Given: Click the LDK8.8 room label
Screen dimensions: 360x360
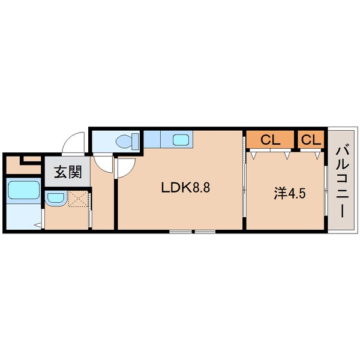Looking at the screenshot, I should coord(184,187).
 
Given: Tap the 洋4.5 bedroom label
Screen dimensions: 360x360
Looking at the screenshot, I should coord(287,193).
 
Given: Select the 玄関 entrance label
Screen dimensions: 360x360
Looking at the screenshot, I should coord(68,173).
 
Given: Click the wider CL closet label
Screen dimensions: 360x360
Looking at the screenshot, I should coord(270,140).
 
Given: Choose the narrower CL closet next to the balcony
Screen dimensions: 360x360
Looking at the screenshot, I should coord(310,140).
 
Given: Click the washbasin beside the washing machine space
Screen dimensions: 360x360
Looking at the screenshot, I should coord(55,198).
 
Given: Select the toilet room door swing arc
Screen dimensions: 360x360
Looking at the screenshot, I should coord(104,166).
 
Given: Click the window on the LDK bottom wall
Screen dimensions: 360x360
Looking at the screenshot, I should coord(191,231).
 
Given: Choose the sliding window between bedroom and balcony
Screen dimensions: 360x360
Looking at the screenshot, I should coord(326,192).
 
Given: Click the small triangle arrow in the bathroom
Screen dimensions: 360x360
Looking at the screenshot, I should coord(37,226).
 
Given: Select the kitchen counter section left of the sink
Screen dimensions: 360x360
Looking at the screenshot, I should coord(152,140).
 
